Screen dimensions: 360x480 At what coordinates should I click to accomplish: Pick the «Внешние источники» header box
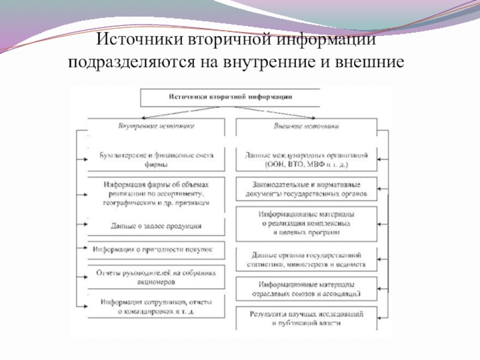307,127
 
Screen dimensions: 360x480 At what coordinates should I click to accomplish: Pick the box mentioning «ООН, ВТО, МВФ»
307,159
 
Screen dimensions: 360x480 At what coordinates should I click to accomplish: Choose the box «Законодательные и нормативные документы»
307,188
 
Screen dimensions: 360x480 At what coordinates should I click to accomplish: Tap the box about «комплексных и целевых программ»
307,222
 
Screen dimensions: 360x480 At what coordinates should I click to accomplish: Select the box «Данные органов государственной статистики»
307,259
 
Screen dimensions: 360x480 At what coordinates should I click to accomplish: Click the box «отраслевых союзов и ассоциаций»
307,289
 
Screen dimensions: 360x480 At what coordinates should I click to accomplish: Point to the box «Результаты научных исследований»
307,318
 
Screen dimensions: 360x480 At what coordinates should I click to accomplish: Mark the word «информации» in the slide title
326,41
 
